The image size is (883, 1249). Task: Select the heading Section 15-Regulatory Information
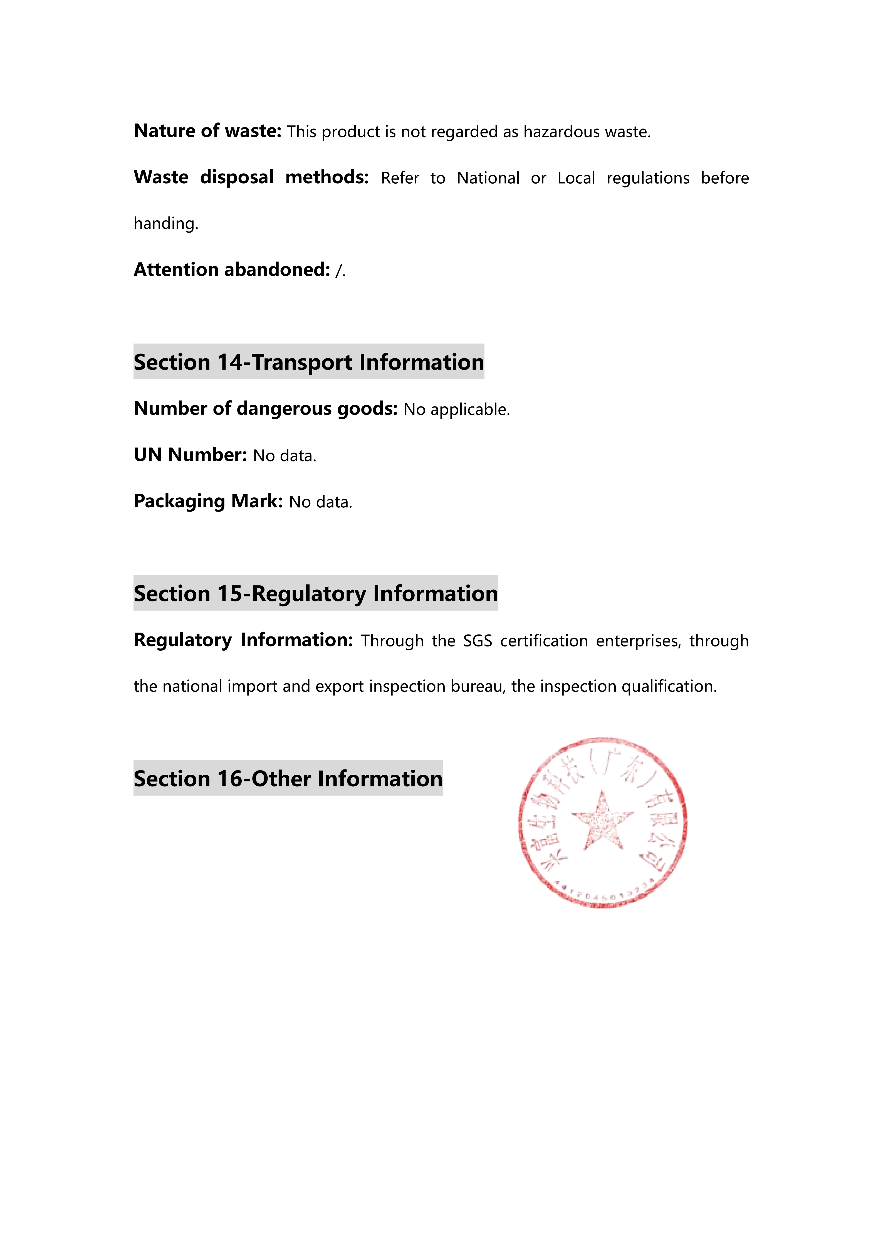click(x=316, y=594)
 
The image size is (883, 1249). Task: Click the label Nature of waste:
click(x=207, y=131)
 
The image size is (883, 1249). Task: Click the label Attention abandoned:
click(x=232, y=270)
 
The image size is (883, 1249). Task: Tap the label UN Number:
click(x=190, y=455)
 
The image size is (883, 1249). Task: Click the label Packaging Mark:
click(x=208, y=501)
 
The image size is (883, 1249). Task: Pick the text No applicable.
click(x=457, y=409)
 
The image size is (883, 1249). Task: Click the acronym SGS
click(x=478, y=641)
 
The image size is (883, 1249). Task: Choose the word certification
click(x=544, y=641)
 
